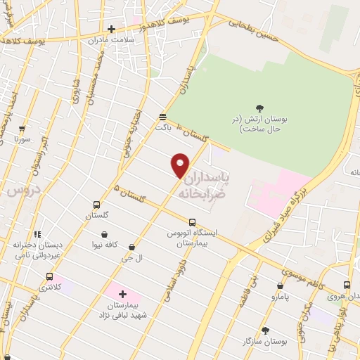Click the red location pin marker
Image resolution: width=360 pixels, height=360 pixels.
pyautogui.click(x=181, y=165)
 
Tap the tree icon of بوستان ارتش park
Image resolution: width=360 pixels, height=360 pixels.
pyautogui.click(x=260, y=108)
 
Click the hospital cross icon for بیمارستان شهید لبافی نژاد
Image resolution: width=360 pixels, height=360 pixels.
pyautogui.click(x=124, y=294)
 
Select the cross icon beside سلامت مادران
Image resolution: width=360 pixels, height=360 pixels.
pyautogui.click(x=111, y=30)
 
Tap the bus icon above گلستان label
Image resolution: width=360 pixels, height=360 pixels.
pyautogui.click(x=96, y=205)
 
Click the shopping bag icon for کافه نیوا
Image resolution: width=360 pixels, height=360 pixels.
pyautogui.click(x=105, y=235)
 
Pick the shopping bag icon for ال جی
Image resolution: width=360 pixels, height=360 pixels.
pyautogui.click(x=131, y=247)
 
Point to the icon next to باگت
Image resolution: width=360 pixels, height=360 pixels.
pyautogui.click(x=162, y=117)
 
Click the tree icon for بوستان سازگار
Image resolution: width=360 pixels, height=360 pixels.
pyautogui.click(x=264, y=330)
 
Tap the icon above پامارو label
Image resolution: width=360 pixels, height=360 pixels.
pyautogui.click(x=281, y=286)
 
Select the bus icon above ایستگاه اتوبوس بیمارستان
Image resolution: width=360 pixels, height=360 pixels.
pyautogui.click(x=192, y=221)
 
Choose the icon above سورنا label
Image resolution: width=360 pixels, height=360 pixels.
pyautogui.click(x=22, y=129)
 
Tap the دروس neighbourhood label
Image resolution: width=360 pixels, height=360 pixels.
pyautogui.click(x=22, y=191)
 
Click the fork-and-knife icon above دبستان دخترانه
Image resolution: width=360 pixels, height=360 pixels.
pyautogui.click(x=37, y=234)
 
